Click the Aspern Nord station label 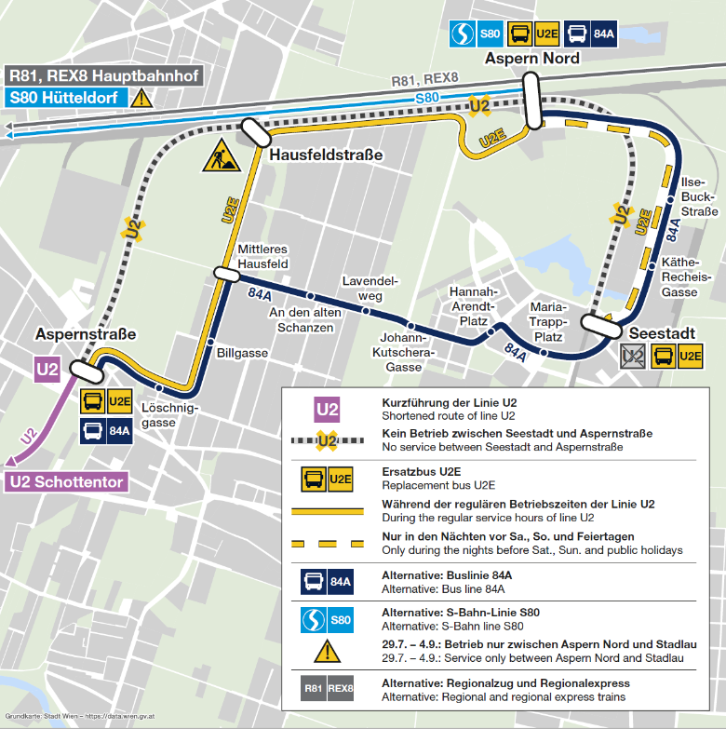[x=531, y=59]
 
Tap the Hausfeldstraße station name [x=326, y=155]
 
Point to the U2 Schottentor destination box [x=65, y=481]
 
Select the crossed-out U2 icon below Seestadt [x=633, y=356]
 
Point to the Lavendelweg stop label [x=370, y=288]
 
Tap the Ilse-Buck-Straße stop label [x=699, y=197]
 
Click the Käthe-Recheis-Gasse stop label [x=679, y=277]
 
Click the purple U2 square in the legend [x=327, y=409]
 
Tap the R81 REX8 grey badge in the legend [x=328, y=690]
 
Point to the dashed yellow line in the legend [x=327, y=543]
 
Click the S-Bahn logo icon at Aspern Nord [x=464, y=35]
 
